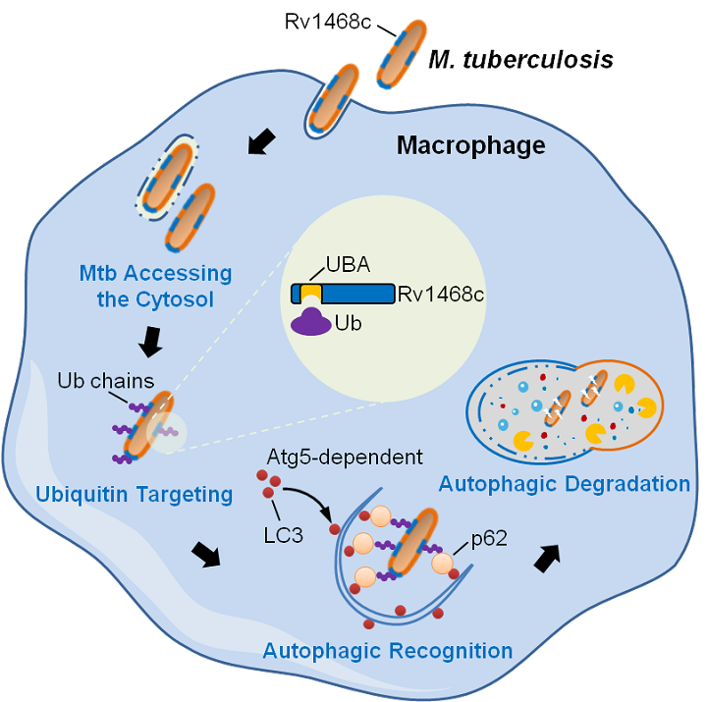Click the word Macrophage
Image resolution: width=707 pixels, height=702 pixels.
pos(470,146)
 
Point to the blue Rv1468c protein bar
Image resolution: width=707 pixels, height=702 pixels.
pos(353,294)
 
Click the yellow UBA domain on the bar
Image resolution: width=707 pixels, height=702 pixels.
pos(310,293)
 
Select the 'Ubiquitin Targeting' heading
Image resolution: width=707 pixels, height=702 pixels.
pos(134,494)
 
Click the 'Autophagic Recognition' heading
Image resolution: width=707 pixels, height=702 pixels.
pos(388,650)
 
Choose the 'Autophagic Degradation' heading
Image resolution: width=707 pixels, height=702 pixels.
pos(565,483)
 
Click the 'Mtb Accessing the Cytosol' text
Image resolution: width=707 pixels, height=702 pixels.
pos(155,285)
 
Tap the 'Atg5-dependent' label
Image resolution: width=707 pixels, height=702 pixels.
pos(345,457)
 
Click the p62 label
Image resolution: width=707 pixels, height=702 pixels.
pos(488,537)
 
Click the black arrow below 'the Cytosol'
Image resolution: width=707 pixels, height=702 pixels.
pos(151,342)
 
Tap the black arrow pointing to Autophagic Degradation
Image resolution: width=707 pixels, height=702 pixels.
pos(546,559)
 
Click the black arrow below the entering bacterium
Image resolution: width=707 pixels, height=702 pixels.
pos(260,143)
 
